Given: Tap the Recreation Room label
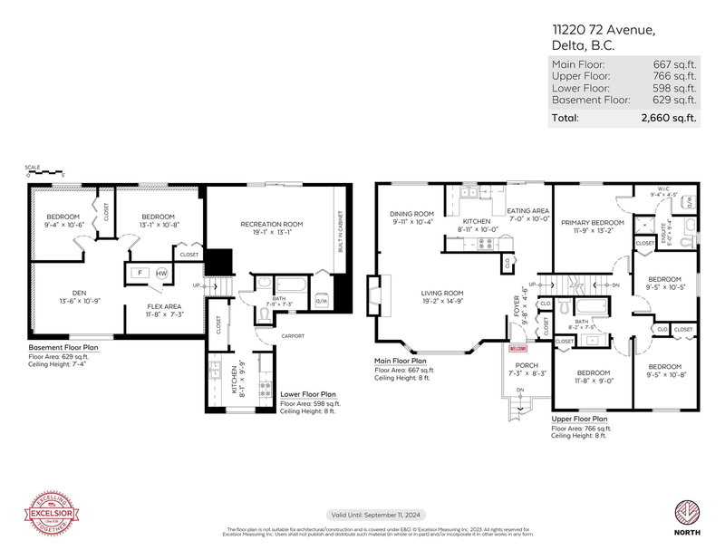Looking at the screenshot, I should click(x=271, y=224).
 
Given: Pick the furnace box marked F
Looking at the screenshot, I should click(x=140, y=273).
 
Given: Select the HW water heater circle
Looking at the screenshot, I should click(x=161, y=273).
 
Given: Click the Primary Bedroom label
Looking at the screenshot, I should click(x=592, y=222).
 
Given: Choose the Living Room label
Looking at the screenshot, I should click(x=441, y=294).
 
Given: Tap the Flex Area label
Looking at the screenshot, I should click(x=166, y=308).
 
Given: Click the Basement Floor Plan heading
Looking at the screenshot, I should click(x=63, y=346).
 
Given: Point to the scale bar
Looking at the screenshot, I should click(x=45, y=174).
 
